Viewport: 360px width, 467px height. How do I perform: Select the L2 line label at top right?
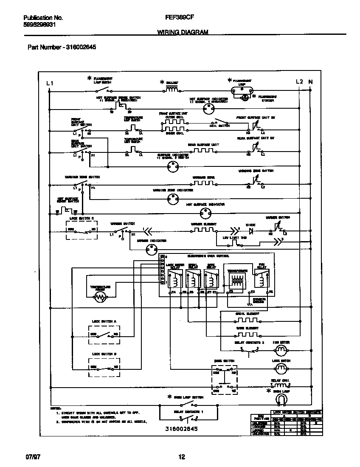[x=299, y=82]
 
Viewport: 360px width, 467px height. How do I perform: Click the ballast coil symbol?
[x=172, y=90]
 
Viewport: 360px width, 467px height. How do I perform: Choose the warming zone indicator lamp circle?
[x=172, y=201]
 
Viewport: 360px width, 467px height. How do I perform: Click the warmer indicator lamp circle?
[x=152, y=250]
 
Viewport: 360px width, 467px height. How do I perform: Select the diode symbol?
[x=250, y=232]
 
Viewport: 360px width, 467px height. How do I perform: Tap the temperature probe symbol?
[x=100, y=297]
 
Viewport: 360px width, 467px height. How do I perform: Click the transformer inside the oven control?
[x=237, y=281]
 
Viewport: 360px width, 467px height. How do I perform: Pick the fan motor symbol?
[x=281, y=350]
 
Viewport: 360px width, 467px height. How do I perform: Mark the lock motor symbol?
[x=281, y=367]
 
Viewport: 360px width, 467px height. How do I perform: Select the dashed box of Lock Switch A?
[x=104, y=334]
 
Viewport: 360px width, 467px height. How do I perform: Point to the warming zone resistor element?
[x=204, y=183]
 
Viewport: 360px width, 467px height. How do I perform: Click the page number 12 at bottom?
[x=181, y=457]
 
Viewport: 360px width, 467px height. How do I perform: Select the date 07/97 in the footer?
[x=32, y=457]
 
